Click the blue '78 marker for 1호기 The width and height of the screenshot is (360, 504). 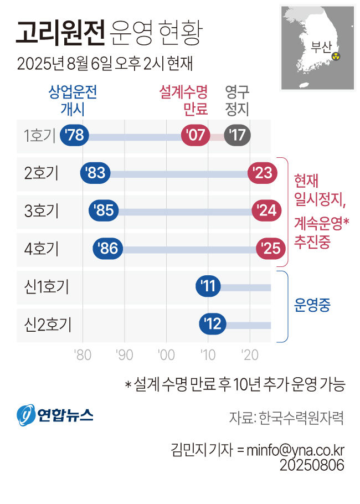point(74,136)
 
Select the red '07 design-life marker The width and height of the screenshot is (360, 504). point(195,136)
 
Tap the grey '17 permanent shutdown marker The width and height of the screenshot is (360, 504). point(238,136)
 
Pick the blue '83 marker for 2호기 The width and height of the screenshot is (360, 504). point(95,173)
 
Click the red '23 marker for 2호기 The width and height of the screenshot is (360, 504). point(262,173)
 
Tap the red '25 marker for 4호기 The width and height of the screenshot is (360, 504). point(271,249)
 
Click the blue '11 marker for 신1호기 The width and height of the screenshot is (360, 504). point(209,286)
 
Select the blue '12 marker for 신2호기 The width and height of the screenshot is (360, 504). point(213,323)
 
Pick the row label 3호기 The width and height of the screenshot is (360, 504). point(42,211)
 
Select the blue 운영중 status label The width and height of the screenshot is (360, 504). point(312,305)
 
